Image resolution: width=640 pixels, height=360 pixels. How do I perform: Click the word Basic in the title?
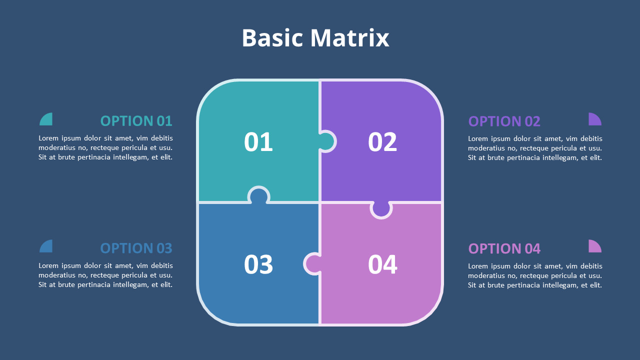[x=272, y=38]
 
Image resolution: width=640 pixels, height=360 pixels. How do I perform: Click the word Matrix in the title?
[x=349, y=38]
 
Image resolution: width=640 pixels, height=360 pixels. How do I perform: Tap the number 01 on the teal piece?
[x=258, y=142]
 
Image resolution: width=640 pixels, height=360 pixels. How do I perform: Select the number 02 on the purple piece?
[x=382, y=142]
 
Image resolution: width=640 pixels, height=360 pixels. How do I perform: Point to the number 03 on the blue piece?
[x=258, y=264]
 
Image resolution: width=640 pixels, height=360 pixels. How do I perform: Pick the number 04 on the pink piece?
[x=382, y=264]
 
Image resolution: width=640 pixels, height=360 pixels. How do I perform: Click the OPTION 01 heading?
[x=136, y=121]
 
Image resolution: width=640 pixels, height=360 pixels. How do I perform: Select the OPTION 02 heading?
[x=504, y=121]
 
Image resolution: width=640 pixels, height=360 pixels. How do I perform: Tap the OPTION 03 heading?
[x=136, y=248]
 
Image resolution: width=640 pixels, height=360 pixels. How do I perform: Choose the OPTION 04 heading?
[x=504, y=248]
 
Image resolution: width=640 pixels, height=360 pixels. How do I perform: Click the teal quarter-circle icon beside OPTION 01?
[x=47, y=120]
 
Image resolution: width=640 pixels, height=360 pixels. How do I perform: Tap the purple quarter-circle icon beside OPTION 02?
[x=594, y=120]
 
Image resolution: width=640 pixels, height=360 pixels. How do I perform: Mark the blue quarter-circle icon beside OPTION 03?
[x=47, y=247]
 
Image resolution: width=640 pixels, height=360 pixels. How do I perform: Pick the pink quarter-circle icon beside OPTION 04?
[x=594, y=247]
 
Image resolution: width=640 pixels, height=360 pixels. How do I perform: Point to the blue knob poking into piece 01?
[x=259, y=195]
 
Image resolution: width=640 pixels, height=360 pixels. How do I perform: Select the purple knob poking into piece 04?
[x=381, y=208]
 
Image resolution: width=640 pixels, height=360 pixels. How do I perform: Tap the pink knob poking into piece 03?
[x=313, y=264]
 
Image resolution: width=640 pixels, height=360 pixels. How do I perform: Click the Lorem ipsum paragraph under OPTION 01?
[x=105, y=147]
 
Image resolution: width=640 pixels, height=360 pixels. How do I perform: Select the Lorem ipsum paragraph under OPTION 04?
[x=535, y=275]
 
